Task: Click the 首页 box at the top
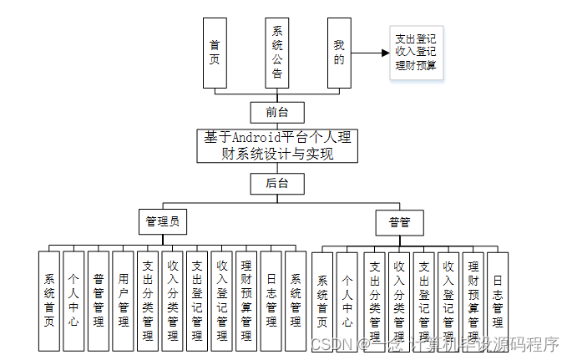tap(215, 52)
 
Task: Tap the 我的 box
tap(338, 52)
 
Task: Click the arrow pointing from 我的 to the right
tap(371, 52)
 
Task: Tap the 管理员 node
tap(162, 222)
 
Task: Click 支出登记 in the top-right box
tap(415, 38)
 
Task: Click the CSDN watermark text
tap(328, 343)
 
